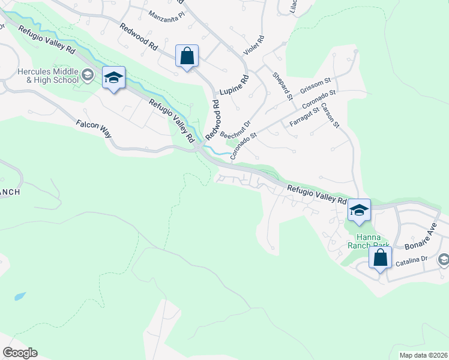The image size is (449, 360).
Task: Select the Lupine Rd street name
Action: pos(234,87)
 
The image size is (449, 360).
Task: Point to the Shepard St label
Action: pos(282,86)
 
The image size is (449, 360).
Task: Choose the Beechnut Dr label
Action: pos(235,129)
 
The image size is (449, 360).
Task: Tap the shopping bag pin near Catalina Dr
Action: pos(379,258)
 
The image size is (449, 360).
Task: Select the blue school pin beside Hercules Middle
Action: pos(113,77)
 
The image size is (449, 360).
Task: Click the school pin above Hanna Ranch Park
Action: pos(359,210)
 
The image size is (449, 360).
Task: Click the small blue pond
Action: pos(19,296)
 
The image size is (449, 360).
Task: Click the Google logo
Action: pos(20,353)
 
